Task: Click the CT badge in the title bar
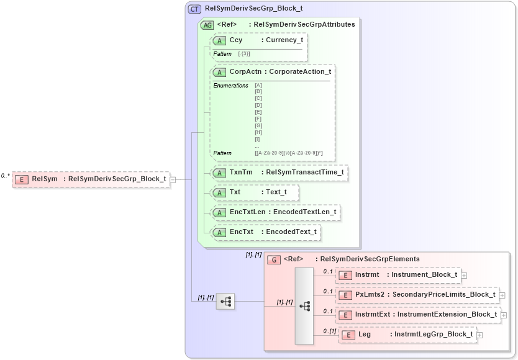coord(195,9)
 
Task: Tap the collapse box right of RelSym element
coord(173,179)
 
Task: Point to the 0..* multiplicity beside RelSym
coord(5,176)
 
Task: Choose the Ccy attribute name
coord(236,40)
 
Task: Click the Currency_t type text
coord(284,40)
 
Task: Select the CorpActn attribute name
coord(244,71)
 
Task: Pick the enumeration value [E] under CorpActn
coord(258,112)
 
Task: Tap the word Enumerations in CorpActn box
coord(230,85)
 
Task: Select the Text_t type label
coord(276,192)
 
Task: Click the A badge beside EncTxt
coord(219,232)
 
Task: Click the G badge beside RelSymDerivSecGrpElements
coord(274,259)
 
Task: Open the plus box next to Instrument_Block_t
coord(464,275)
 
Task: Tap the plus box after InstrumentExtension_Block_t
coord(504,315)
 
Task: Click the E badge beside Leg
coord(349,335)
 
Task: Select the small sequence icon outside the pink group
coord(225,302)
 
